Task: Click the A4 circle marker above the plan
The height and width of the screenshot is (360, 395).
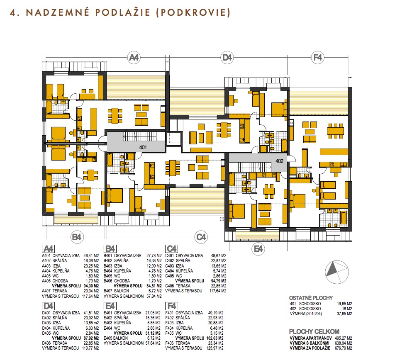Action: (x=134, y=58)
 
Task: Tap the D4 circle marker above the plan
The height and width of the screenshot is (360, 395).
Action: (x=227, y=58)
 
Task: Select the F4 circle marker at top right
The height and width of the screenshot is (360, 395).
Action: (x=317, y=58)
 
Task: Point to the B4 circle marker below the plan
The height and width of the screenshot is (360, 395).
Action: (x=77, y=237)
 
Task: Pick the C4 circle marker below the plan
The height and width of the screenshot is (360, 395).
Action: (x=201, y=237)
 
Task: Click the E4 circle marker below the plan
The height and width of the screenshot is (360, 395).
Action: (x=258, y=249)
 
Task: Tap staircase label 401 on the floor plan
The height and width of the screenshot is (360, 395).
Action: (x=143, y=148)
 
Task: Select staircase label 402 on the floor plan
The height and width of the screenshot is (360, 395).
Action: (x=279, y=161)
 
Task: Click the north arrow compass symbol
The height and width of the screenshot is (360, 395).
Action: (x=337, y=272)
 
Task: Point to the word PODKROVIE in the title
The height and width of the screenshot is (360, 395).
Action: (x=193, y=12)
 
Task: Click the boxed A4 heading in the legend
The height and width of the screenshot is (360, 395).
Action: (x=49, y=249)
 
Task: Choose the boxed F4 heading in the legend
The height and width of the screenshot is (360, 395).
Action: (x=171, y=306)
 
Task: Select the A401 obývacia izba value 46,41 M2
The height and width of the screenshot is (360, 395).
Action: (x=91, y=255)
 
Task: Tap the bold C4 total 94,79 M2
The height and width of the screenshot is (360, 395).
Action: (x=219, y=281)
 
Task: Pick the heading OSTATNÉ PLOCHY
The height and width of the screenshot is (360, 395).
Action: (x=311, y=298)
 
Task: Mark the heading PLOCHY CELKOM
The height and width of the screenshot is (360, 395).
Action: (x=314, y=331)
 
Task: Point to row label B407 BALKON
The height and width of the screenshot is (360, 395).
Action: (x=116, y=291)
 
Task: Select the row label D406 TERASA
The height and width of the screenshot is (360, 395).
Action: (x=55, y=343)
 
